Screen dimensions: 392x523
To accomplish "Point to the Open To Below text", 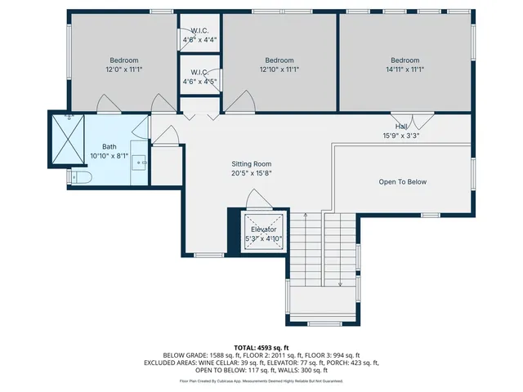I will (402, 182).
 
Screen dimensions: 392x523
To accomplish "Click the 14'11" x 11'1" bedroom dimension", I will (405, 69).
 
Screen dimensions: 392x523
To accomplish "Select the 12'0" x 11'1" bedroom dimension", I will (124, 69).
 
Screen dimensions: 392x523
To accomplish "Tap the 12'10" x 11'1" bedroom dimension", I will (279, 69).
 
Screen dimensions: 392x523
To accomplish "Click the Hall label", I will (401, 127).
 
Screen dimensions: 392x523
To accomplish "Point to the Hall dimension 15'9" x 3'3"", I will (401, 136).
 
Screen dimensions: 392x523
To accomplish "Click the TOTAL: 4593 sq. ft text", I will (261, 346).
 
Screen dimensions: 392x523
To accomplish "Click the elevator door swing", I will (255, 198).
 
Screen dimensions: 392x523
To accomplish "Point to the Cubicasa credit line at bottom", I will (261, 381).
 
